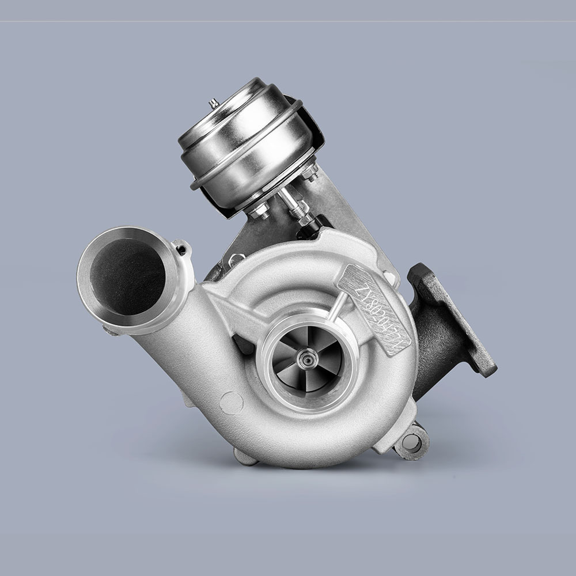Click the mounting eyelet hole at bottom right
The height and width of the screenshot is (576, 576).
[x=412, y=442]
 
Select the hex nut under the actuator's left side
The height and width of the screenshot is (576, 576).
[x=260, y=210]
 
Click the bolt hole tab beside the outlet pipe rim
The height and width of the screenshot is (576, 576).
[x=183, y=249]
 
